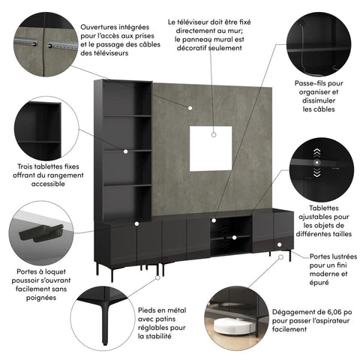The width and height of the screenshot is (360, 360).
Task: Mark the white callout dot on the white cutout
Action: coord(214,136)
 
